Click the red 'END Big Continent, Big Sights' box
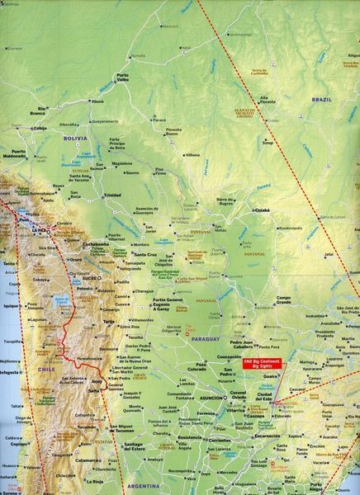pos(260,363)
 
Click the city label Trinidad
pos(113,195)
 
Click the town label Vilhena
pos(192,154)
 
